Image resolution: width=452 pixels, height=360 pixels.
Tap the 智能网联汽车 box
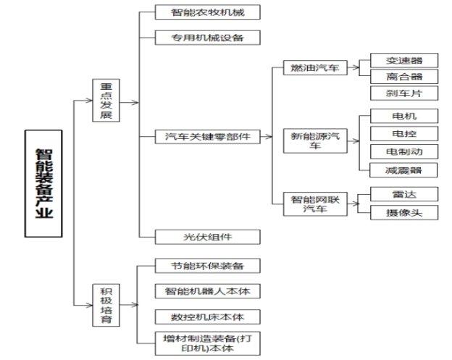click(x=314, y=203)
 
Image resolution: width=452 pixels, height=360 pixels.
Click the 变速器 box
click(x=393, y=60)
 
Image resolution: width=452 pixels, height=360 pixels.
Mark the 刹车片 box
click(x=393, y=93)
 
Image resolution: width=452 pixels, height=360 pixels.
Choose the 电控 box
click(x=393, y=133)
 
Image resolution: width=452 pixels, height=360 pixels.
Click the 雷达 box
click(x=393, y=194)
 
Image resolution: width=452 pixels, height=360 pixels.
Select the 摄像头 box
click(x=393, y=212)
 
